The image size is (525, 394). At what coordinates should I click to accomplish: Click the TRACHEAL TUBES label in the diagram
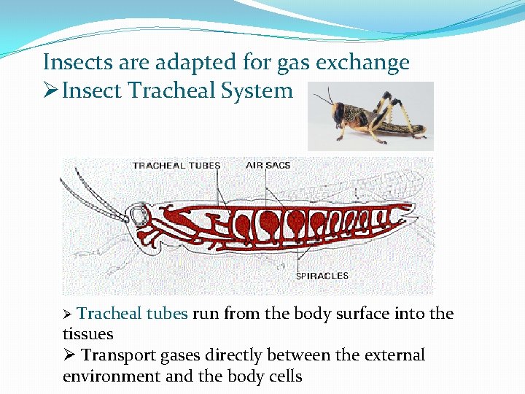click(176, 166)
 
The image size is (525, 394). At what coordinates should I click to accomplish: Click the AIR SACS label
click(268, 166)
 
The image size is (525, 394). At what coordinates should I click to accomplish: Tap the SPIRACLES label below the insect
click(322, 276)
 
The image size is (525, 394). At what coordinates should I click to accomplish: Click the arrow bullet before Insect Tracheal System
click(51, 92)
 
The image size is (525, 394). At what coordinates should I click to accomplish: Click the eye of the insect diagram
click(139, 215)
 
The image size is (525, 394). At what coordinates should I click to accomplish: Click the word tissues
click(88, 334)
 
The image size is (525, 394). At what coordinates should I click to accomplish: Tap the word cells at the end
click(285, 376)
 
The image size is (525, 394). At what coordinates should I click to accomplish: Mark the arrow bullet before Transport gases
click(69, 356)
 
